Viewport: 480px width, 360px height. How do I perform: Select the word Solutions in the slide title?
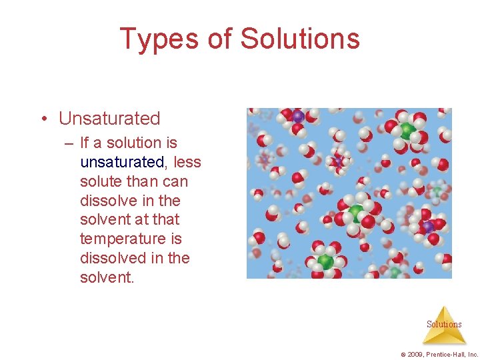(x=299, y=39)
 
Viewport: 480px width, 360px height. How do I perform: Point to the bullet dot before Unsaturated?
(x=43, y=119)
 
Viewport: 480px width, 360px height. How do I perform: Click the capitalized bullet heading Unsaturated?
(x=109, y=119)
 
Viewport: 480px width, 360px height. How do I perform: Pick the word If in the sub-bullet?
(x=84, y=143)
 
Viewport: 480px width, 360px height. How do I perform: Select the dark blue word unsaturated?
(x=121, y=162)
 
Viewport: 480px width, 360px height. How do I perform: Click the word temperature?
(x=121, y=239)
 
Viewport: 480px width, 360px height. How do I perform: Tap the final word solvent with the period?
(x=107, y=277)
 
